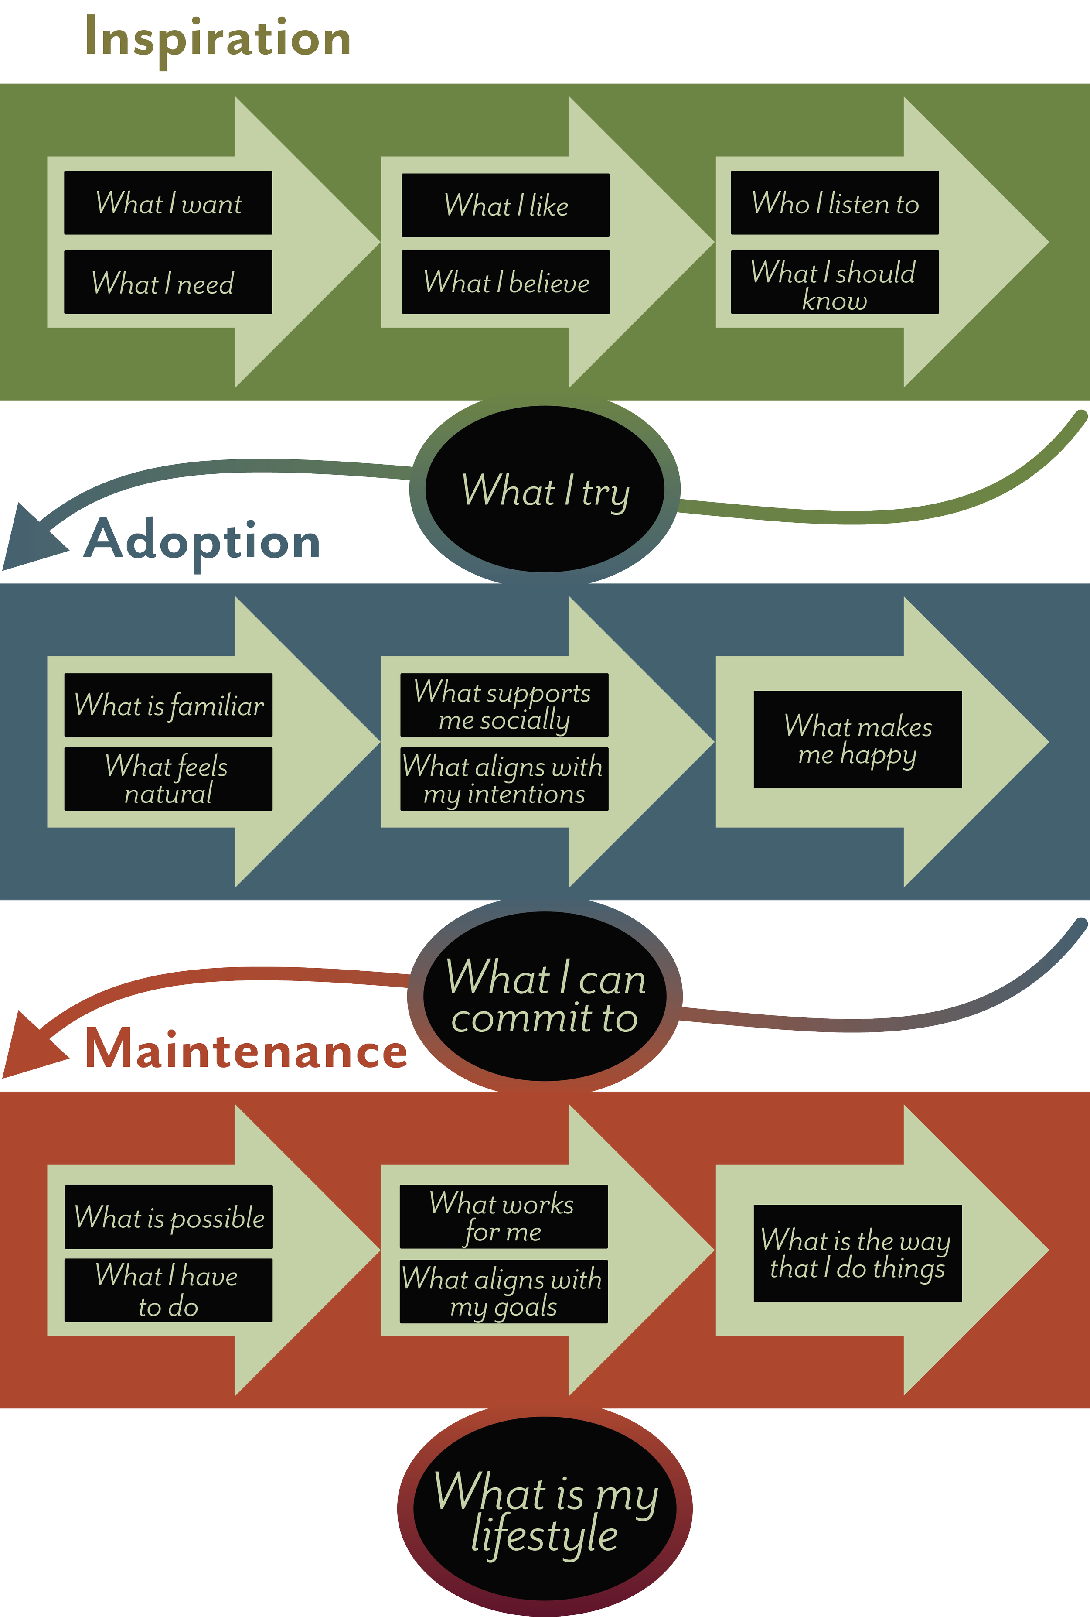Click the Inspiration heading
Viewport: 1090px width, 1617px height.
[217, 38]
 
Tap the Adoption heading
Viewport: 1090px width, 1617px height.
[201, 541]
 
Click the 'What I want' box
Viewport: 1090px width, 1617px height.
[168, 203]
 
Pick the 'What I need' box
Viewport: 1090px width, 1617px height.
[168, 282]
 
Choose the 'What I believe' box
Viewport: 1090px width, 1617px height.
[505, 282]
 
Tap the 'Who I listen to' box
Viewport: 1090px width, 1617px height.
[834, 203]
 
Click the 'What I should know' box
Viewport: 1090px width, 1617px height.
[834, 282]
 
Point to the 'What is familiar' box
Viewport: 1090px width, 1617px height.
[168, 705]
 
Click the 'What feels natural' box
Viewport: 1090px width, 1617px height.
[168, 779]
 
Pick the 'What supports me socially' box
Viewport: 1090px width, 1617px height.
[504, 705]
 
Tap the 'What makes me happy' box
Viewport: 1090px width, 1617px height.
[857, 739]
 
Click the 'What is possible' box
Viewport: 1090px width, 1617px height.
[168, 1217]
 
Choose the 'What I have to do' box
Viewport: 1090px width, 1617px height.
[168, 1291]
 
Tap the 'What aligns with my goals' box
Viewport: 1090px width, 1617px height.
[503, 1292]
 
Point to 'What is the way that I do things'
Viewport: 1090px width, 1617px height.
[857, 1253]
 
